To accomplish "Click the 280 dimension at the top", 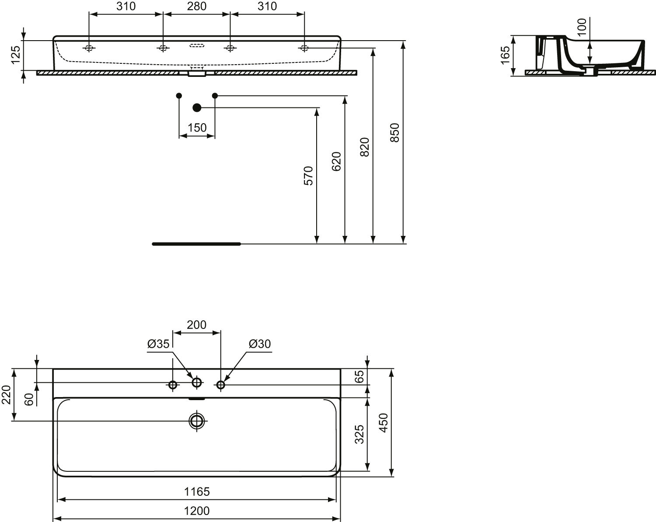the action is [197, 6].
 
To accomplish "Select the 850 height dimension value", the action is [395, 132].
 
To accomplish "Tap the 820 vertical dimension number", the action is [365, 147].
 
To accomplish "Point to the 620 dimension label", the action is [336, 162].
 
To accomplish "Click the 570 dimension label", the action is [308, 176].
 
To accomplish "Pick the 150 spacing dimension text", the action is [197, 128].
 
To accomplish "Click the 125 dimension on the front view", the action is [16, 55].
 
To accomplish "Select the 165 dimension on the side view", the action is [506, 55].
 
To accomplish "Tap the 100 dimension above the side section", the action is [582, 27].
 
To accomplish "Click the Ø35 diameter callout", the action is [158, 344].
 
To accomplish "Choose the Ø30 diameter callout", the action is [260, 344].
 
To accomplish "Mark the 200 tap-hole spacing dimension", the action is [197, 325].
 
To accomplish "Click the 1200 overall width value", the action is [197, 511].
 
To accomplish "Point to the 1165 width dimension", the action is [197, 491].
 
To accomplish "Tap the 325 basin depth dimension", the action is [359, 434].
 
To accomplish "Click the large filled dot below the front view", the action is [197, 107].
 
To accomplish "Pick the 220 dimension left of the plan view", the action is [7, 395].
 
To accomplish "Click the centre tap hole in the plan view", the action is [197, 382].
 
